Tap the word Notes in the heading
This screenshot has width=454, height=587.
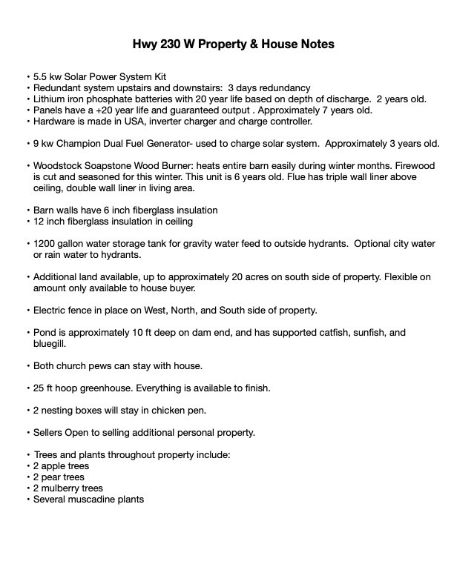click(317, 44)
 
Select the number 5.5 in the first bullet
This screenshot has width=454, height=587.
click(41, 77)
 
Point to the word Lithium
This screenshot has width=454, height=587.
click(50, 99)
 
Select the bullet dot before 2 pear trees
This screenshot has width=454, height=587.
click(28, 477)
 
